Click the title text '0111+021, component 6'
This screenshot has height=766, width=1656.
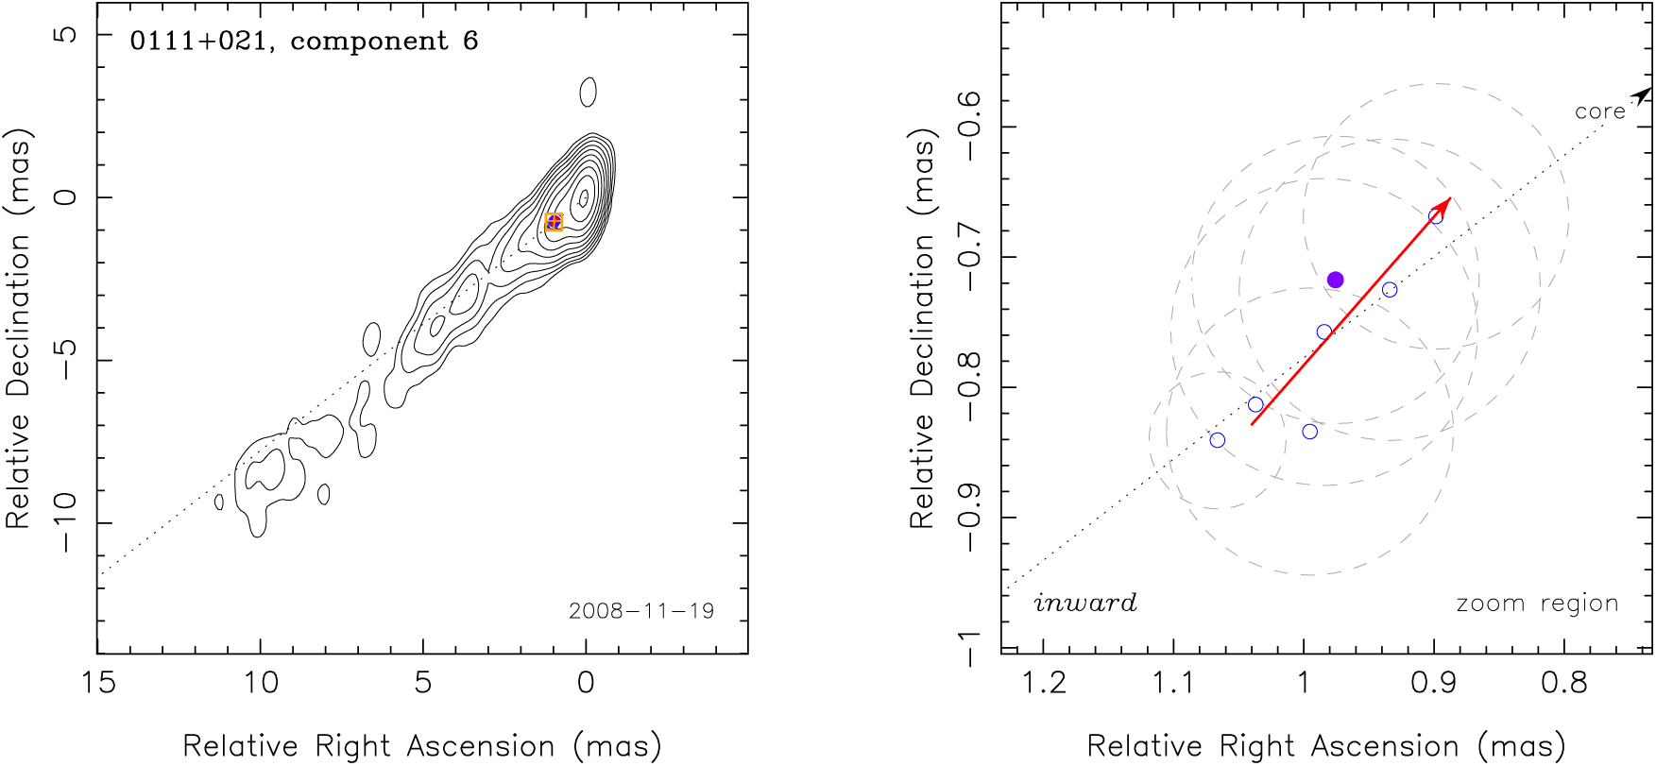click(303, 42)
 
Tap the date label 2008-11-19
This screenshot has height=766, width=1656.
click(641, 611)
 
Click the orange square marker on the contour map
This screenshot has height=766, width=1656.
click(555, 223)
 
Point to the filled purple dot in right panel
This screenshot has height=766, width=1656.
click(1335, 280)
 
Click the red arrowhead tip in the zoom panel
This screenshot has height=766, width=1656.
click(1449, 199)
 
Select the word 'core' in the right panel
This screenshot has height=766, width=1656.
click(1599, 111)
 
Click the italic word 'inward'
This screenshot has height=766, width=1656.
click(1085, 603)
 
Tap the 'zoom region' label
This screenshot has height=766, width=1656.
click(1537, 603)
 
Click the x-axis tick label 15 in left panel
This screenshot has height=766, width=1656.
click(98, 682)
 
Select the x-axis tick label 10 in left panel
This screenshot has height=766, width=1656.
click(261, 682)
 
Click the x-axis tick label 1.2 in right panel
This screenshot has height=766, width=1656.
click(1044, 682)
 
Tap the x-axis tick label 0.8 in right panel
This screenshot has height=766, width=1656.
click(1564, 682)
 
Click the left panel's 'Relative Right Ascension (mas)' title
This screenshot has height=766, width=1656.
click(421, 746)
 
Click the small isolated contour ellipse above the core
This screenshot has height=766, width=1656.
click(588, 92)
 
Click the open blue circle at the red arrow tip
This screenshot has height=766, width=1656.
click(1435, 216)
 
